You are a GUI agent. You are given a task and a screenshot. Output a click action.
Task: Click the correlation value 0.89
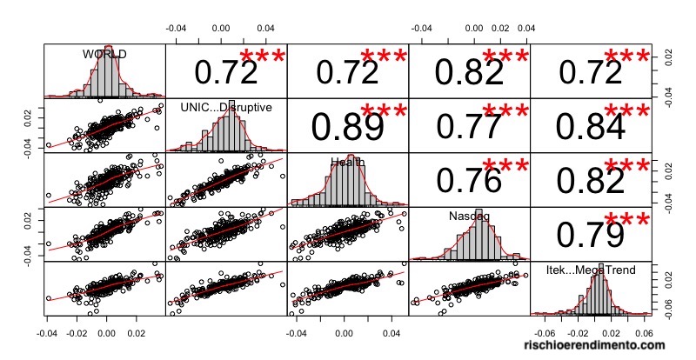coord(346,127)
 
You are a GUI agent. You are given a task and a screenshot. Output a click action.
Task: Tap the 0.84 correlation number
coord(589,127)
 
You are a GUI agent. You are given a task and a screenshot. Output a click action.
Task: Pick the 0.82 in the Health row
coord(589,180)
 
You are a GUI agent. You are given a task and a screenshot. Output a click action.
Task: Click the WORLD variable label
coord(104,54)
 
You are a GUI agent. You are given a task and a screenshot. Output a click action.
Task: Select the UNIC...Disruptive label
coord(226,107)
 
